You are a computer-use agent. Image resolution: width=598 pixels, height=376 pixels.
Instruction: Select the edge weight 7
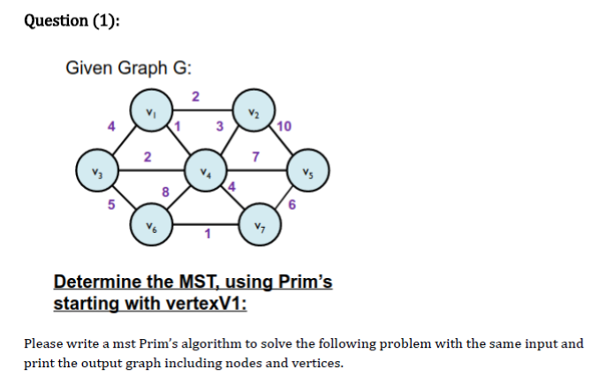click(255, 157)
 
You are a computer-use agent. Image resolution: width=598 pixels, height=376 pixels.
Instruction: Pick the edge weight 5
click(110, 206)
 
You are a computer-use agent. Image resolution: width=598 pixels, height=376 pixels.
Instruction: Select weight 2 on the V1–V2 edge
click(196, 94)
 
